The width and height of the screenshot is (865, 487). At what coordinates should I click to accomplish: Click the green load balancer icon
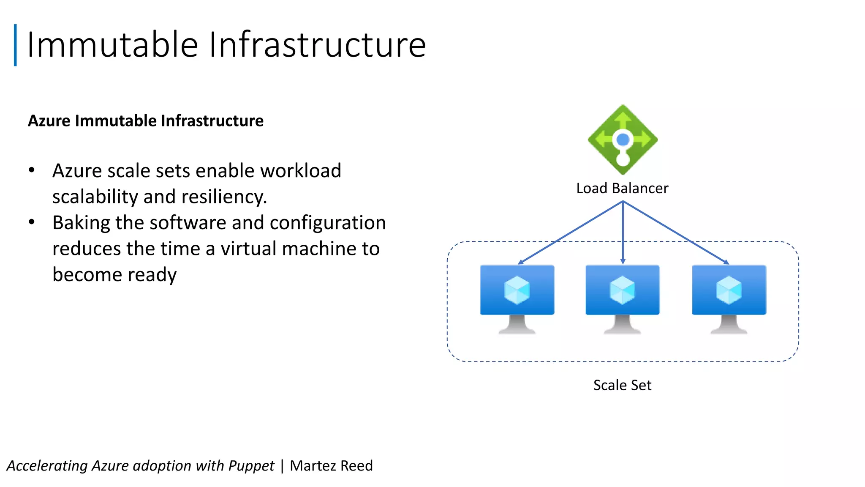(x=623, y=140)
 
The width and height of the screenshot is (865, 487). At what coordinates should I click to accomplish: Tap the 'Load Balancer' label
(x=622, y=188)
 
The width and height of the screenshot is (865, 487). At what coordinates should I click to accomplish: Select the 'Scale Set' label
(x=622, y=385)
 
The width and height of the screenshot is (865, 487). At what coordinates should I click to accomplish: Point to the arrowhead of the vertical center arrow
(x=623, y=262)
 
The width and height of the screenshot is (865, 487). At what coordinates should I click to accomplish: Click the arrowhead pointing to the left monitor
(x=521, y=262)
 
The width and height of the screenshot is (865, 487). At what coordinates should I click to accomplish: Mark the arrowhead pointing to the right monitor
(x=726, y=262)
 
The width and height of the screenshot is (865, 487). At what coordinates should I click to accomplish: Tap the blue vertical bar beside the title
(x=15, y=45)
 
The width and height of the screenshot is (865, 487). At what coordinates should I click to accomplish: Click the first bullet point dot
(x=32, y=170)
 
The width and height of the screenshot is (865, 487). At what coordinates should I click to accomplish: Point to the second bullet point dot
(x=32, y=222)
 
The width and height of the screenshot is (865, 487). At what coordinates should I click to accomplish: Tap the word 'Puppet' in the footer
(x=251, y=466)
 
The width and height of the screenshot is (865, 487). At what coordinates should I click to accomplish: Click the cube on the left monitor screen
(x=517, y=290)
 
